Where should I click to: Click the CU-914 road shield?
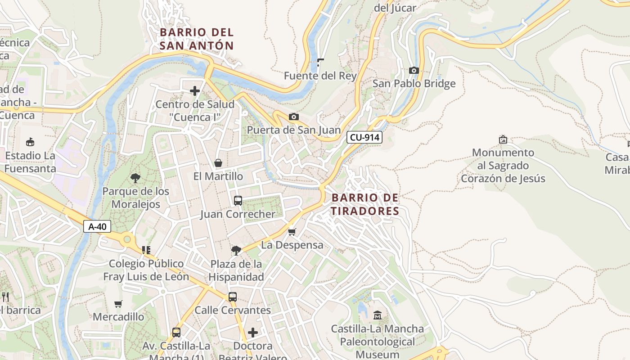pyautogui.click(x=364, y=138)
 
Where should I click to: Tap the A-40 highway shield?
pyautogui.click(x=97, y=226)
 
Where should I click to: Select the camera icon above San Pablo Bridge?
pyautogui.click(x=414, y=70)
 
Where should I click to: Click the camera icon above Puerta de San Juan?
pyautogui.click(x=293, y=117)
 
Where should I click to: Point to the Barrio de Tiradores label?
pyautogui.click(x=365, y=204)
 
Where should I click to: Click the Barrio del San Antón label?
pyautogui.click(x=197, y=39)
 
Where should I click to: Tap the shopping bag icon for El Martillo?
pyautogui.click(x=218, y=163)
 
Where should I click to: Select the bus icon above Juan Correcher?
pyautogui.click(x=238, y=201)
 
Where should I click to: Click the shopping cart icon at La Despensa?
pyautogui.click(x=292, y=232)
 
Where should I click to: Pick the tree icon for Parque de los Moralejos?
pyautogui.click(x=135, y=178)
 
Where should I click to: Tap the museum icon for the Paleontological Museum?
pyautogui.click(x=378, y=315)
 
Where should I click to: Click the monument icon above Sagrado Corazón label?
pyautogui.click(x=503, y=139)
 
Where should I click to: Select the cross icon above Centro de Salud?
pyautogui.click(x=195, y=91)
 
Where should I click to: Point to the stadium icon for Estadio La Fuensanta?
pyautogui.click(x=30, y=142)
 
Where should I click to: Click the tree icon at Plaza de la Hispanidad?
pyautogui.click(x=236, y=250)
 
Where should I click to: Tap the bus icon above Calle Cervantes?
pyautogui.click(x=233, y=297)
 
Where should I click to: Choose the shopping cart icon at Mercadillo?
pyautogui.click(x=118, y=304)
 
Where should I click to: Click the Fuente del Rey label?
pyautogui.click(x=320, y=76)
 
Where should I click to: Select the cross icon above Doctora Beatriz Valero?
pyautogui.click(x=253, y=333)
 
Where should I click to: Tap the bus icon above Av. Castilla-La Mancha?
pyautogui.click(x=176, y=333)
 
